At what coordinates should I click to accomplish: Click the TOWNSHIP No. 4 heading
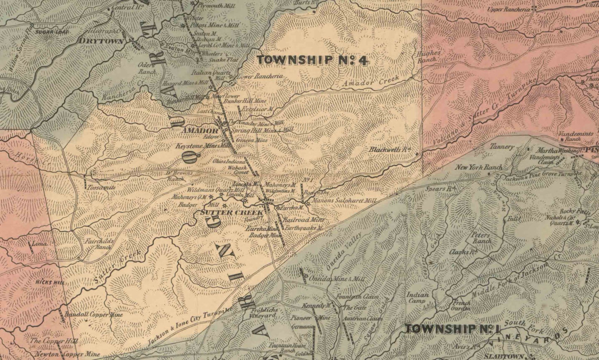point(312,60)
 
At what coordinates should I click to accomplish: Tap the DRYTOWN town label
point(101,41)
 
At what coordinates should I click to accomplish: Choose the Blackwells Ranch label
point(390,149)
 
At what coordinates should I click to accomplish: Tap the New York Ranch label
point(479,167)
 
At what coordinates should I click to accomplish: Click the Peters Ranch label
point(482,237)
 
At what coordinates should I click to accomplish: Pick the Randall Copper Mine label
point(89,314)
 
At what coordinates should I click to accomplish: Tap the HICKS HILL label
point(50,282)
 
